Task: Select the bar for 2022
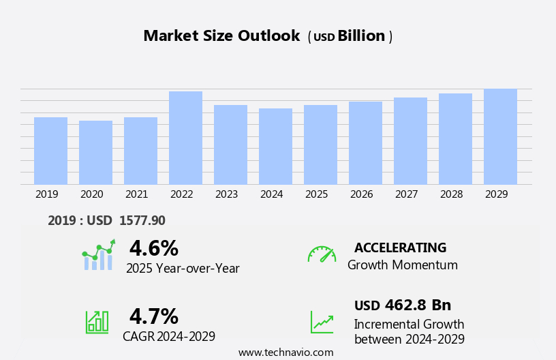[x=185, y=138]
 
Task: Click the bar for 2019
[x=50, y=151]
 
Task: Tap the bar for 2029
[x=500, y=136]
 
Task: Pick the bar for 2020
[x=95, y=152]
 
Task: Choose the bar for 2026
[x=365, y=142]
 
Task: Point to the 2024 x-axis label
[x=271, y=194]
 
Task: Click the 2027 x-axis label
[x=406, y=194]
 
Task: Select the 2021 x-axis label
[x=136, y=194]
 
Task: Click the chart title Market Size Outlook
[x=221, y=36]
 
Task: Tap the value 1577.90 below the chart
[x=142, y=220]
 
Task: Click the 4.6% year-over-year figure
[x=153, y=248]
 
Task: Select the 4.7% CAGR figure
[x=153, y=316]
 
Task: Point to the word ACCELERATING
[x=400, y=247]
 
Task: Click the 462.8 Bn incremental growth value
[x=418, y=305]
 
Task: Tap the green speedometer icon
[x=322, y=254]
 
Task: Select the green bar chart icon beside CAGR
[x=97, y=321]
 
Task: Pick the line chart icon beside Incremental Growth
[x=322, y=321]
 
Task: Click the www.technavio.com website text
[x=285, y=352]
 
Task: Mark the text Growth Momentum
[x=402, y=265]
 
